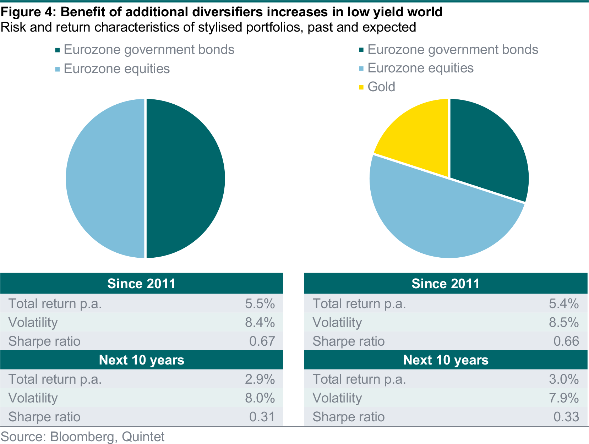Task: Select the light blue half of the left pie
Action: click(x=105, y=178)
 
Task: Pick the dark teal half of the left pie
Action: click(x=185, y=178)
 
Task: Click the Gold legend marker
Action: click(x=361, y=87)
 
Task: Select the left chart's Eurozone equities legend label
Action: click(x=117, y=68)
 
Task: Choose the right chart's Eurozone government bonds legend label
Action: click(x=453, y=50)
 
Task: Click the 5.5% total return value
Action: click(x=260, y=303)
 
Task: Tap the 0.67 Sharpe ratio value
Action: click(x=262, y=341)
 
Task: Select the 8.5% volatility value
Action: click(x=563, y=322)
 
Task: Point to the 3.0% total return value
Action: click(x=563, y=379)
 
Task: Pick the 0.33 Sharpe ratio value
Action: click(x=566, y=417)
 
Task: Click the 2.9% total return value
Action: click(x=260, y=379)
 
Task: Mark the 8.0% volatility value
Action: click(x=260, y=398)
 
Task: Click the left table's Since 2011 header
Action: click(x=141, y=284)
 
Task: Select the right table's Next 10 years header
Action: click(x=446, y=360)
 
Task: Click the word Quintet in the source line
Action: click(x=143, y=437)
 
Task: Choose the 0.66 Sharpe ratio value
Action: click(x=566, y=341)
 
